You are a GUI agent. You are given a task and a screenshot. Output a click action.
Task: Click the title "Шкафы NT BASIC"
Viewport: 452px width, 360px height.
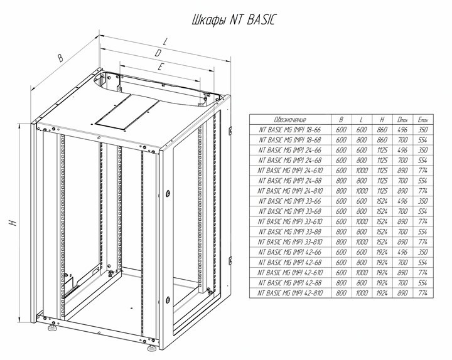point(234,20)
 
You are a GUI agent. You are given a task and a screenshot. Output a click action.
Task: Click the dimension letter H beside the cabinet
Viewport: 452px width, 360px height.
point(13,223)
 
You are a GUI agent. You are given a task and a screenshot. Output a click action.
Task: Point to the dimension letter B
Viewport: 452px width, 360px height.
point(60,58)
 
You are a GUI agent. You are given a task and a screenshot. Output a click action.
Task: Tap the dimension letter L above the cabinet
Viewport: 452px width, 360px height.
point(164,42)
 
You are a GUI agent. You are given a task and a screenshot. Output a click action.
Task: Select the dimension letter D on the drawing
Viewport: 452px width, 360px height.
point(158,53)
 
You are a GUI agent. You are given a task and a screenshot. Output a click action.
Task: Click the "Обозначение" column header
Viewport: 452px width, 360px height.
point(290,120)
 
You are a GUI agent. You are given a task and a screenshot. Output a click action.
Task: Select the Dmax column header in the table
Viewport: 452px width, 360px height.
point(402,120)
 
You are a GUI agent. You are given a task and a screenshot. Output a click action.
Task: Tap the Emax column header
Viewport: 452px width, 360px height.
point(422,120)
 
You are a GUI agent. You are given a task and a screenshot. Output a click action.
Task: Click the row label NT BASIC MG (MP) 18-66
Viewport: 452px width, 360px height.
point(290,130)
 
